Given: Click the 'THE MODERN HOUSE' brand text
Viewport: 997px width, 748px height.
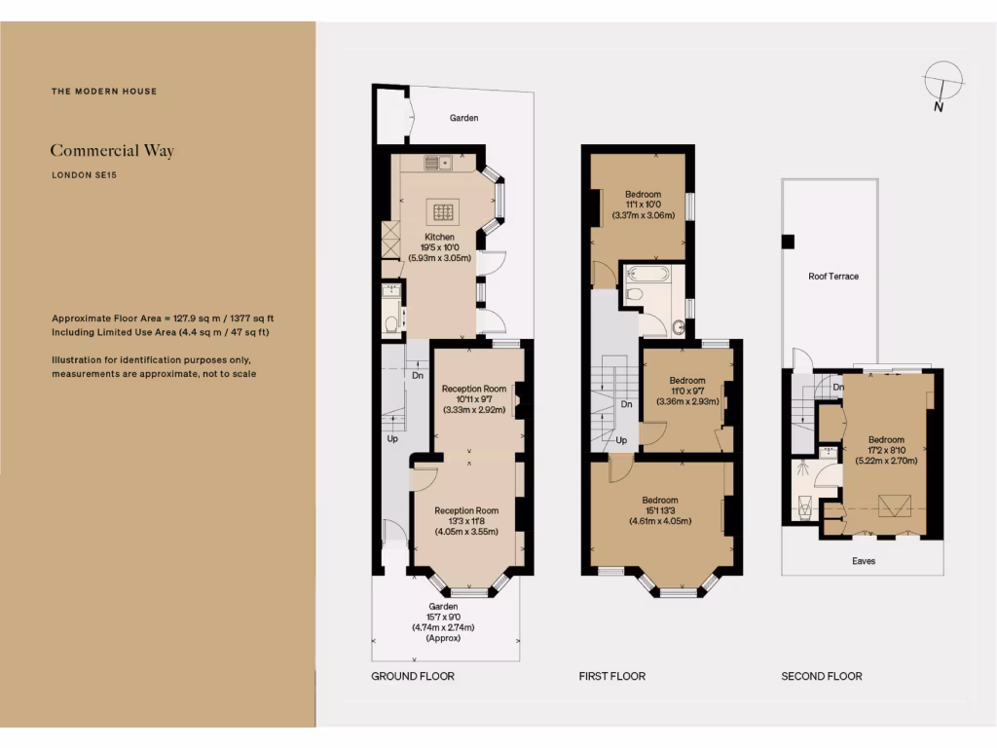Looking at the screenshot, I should pyautogui.click(x=104, y=92).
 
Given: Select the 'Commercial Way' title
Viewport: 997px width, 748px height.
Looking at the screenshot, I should pyautogui.click(x=112, y=151).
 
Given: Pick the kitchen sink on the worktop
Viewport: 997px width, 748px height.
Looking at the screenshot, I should pyautogui.click(x=438, y=163).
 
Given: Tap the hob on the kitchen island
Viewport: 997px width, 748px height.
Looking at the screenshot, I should pyautogui.click(x=445, y=211).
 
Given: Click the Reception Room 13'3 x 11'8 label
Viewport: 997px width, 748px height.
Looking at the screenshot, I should pyautogui.click(x=466, y=521).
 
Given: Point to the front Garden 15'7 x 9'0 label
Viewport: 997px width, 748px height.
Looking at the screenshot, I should pyautogui.click(x=444, y=621).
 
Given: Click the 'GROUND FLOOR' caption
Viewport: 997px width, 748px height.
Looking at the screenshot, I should pyautogui.click(x=413, y=676).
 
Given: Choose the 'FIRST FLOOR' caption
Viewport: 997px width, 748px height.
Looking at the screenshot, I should pyautogui.click(x=612, y=676).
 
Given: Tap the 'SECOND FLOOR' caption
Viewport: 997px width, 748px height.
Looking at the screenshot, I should pyautogui.click(x=822, y=676).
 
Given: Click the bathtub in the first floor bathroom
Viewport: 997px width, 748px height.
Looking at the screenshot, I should pyautogui.click(x=646, y=273).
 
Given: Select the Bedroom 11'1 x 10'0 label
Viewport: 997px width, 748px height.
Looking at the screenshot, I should pyautogui.click(x=643, y=205).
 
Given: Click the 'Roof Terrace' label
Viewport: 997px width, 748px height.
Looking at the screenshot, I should pyautogui.click(x=833, y=277).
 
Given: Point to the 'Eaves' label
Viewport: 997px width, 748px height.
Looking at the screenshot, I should pyautogui.click(x=863, y=561).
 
